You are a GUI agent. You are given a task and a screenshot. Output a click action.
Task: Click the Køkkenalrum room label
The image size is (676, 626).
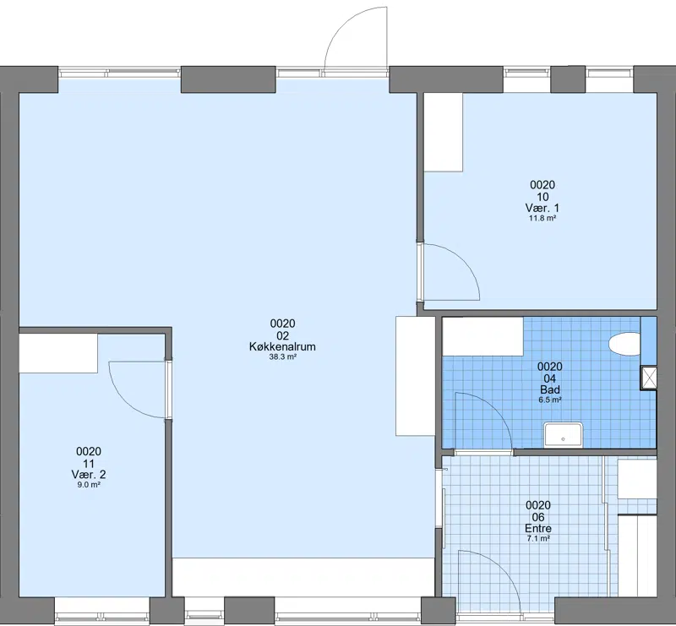tap(282, 346)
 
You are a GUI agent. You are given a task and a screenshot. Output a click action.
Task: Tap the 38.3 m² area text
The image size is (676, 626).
tap(282, 357)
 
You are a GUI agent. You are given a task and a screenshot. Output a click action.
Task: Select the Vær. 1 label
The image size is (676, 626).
tap(542, 208)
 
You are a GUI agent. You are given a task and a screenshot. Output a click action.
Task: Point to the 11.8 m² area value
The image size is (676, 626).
tap(542, 218)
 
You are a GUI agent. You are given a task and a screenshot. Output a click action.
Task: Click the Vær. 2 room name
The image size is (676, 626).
tap(89, 474)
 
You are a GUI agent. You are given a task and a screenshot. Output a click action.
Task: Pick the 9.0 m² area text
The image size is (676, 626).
tap(89, 485)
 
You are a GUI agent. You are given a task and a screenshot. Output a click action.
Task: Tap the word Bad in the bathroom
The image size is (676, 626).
tap(550, 389)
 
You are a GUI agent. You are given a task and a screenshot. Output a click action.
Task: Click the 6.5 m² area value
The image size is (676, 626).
tap(550, 400)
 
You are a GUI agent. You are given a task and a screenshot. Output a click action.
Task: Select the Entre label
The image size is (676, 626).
tap(538, 528)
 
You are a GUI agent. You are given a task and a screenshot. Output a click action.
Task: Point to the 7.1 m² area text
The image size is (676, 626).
tap(538, 538)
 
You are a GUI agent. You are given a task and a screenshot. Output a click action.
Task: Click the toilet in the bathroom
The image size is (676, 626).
tap(624, 344)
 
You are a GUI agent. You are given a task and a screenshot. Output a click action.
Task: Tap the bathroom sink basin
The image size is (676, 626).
tap(563, 435)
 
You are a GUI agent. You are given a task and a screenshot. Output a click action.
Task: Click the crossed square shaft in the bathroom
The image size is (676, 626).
tap(649, 378)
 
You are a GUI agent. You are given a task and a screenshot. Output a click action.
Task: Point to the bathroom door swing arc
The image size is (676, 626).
tap(496, 410)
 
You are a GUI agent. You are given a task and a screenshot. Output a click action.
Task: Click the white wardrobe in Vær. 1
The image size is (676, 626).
tap(443, 132)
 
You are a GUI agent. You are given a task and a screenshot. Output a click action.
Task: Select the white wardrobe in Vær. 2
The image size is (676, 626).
tap(58, 353)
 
